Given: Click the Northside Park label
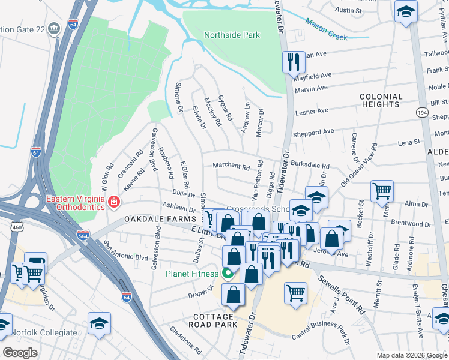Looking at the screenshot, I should [x=232, y=35].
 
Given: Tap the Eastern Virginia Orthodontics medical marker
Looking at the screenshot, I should [x=113, y=203].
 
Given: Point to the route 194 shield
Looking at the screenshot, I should [x=422, y=112].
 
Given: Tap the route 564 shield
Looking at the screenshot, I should [x=83, y=235].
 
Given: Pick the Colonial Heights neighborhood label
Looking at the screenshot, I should [x=381, y=100].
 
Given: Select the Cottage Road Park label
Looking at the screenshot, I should [x=213, y=321].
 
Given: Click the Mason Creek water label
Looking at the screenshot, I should [x=326, y=29].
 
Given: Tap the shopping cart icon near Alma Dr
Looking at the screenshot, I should [x=382, y=191].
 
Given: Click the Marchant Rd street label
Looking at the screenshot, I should [x=231, y=166].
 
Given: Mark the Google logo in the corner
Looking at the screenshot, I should [x=20, y=353].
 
